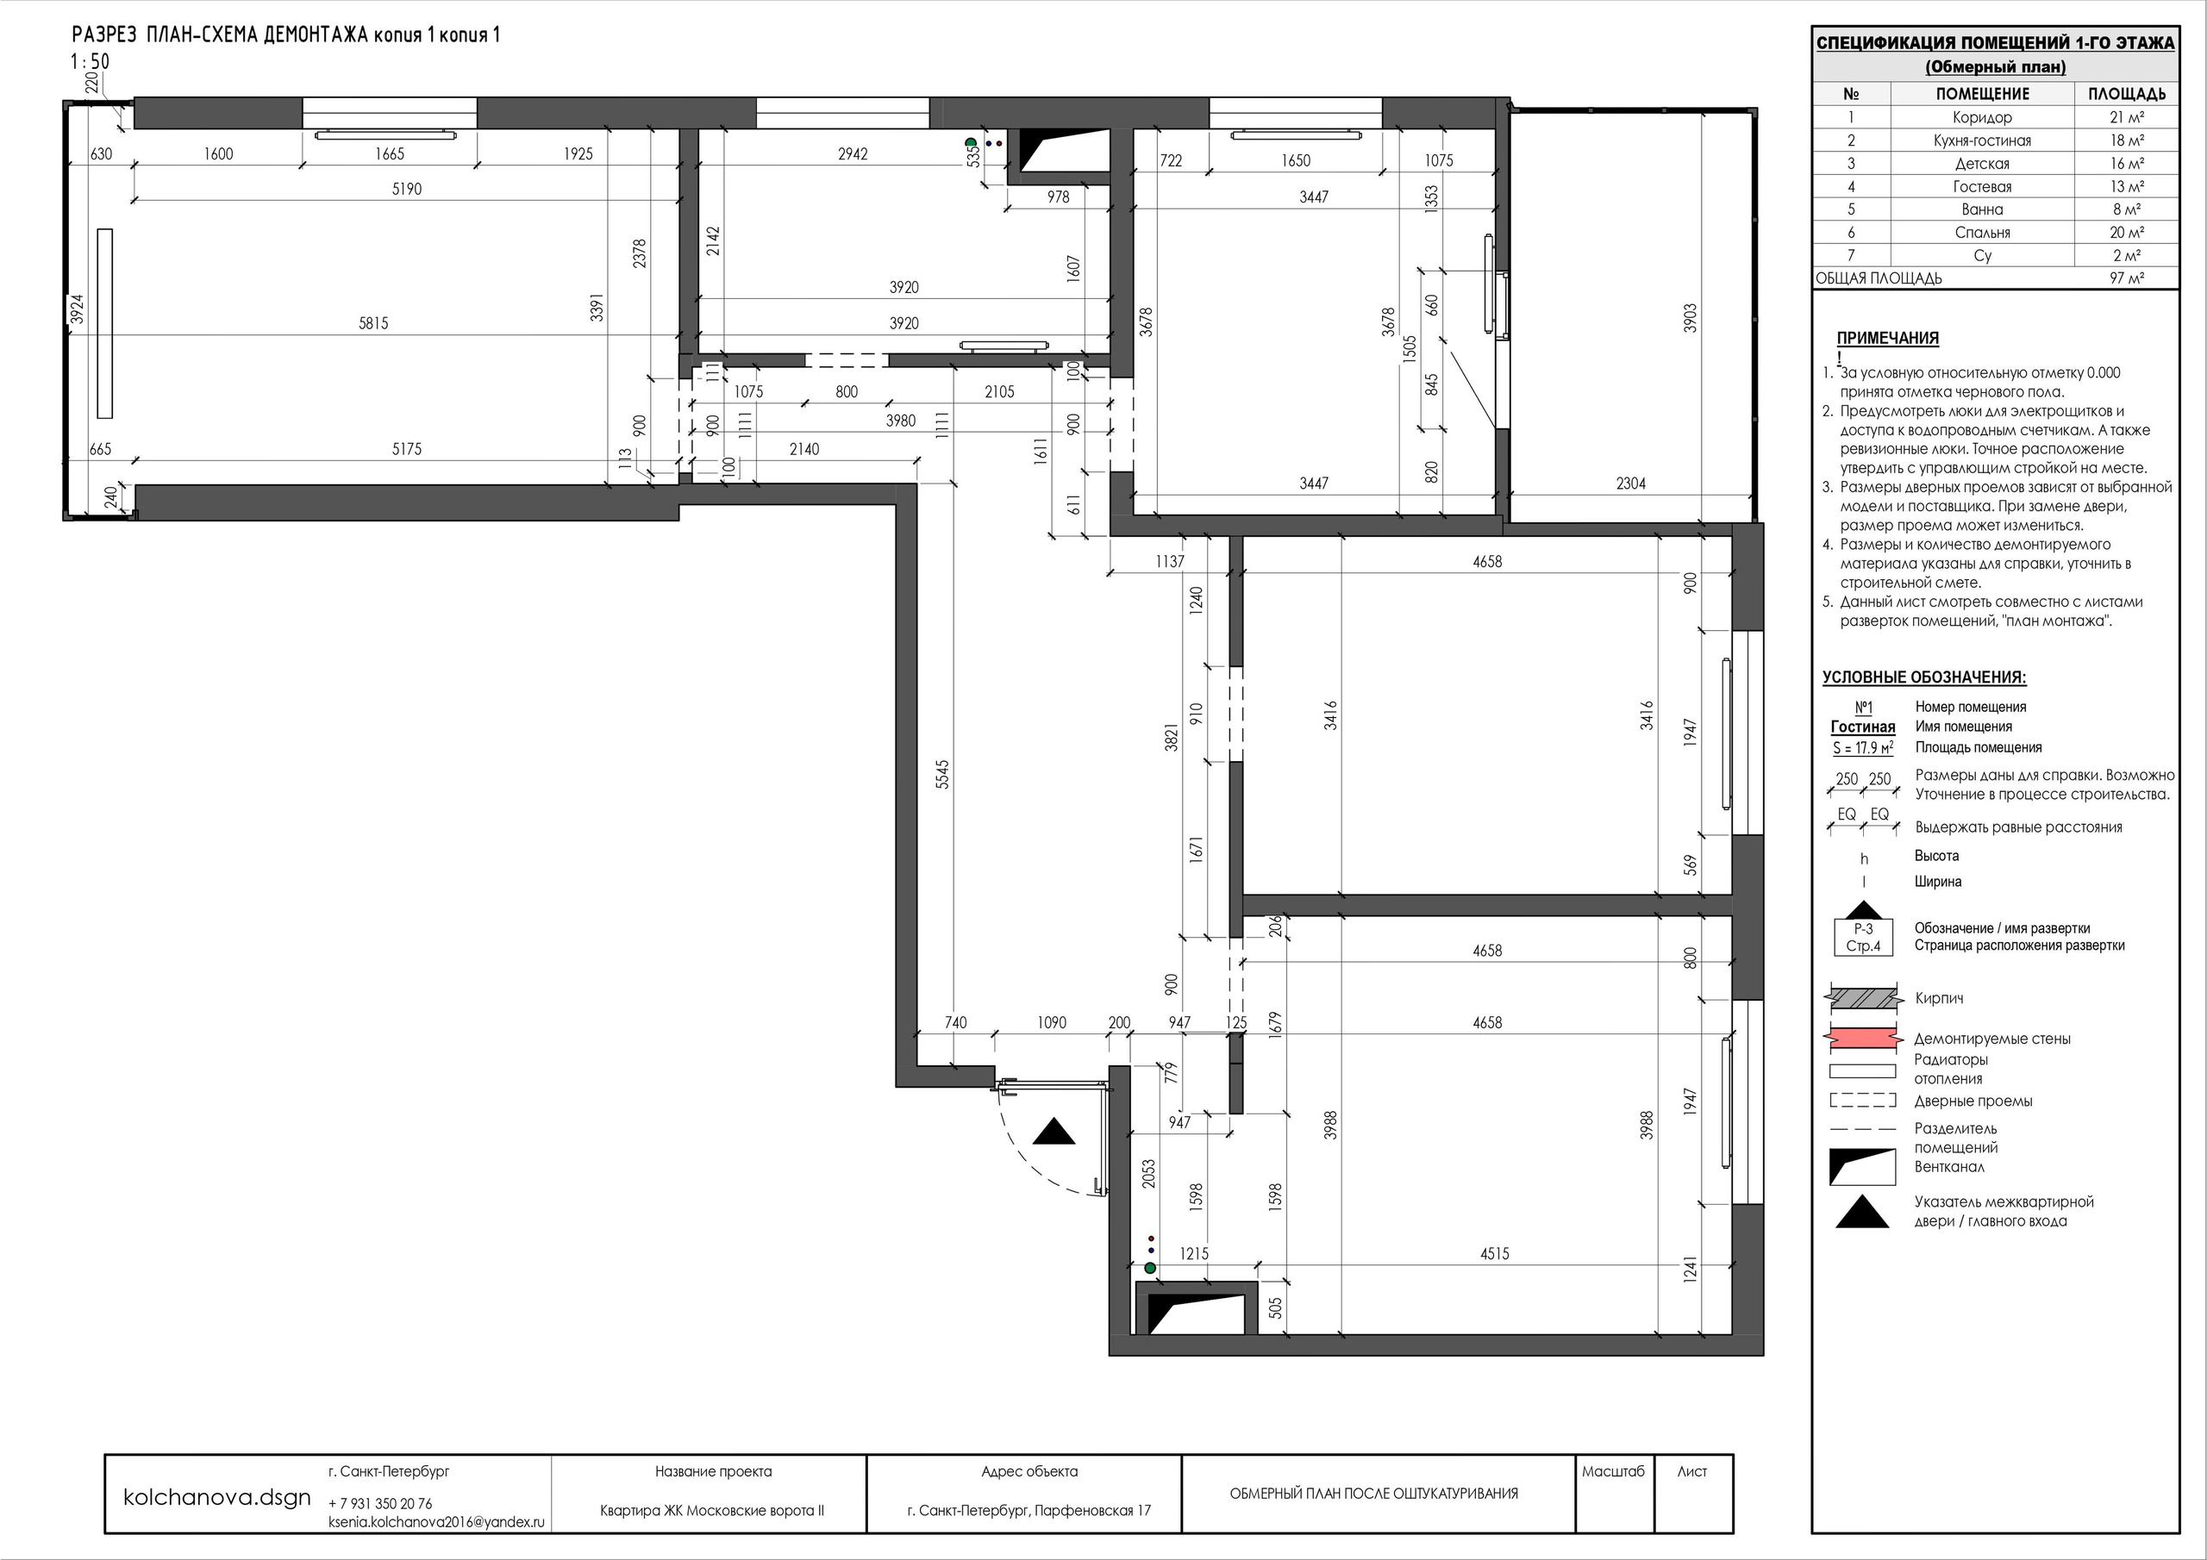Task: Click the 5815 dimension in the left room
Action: click(x=374, y=324)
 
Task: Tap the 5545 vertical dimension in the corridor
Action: click(x=943, y=775)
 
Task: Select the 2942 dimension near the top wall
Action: click(x=853, y=153)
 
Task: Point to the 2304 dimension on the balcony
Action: click(x=1631, y=484)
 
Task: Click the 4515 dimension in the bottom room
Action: click(x=1495, y=1253)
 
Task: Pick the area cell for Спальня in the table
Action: click(x=2127, y=233)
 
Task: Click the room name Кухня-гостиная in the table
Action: click(x=1982, y=140)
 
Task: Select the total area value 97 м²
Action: click(x=2127, y=278)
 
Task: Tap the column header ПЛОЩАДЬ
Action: click(x=2126, y=94)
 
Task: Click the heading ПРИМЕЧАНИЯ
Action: click(x=1888, y=339)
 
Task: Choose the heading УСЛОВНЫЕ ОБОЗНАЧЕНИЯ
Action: click(x=1924, y=677)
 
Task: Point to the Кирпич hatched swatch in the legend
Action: click(x=1863, y=1000)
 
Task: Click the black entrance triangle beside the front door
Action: click(x=1053, y=1132)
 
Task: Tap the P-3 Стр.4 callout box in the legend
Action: click(x=1864, y=937)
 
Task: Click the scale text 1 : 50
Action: click(x=90, y=61)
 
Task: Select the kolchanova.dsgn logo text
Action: click(x=218, y=1496)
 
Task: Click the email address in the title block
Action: click(x=436, y=1523)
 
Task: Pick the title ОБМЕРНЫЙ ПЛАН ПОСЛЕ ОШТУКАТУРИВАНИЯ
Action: click(x=1374, y=1494)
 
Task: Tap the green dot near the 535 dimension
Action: click(x=971, y=143)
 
